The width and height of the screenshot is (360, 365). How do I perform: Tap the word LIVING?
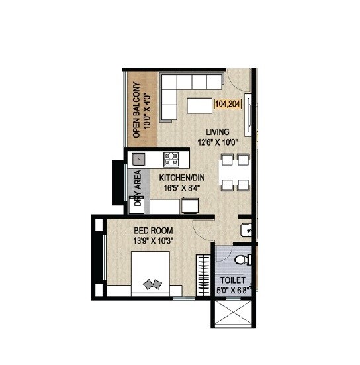click(218, 131)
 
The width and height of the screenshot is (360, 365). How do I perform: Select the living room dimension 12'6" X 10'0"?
click(218, 141)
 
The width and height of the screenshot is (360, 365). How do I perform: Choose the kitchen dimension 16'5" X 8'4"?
click(180, 187)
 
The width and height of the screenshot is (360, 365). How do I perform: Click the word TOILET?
click(232, 280)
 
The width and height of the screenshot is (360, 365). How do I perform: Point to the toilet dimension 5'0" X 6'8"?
click(232, 289)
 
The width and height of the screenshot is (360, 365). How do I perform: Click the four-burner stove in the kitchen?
click(171, 158)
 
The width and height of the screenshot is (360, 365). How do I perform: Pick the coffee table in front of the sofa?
click(198, 105)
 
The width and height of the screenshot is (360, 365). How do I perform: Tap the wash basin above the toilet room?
click(245, 229)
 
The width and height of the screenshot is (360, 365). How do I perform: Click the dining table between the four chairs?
click(234, 172)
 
